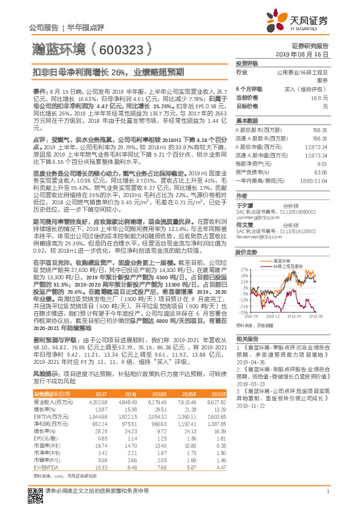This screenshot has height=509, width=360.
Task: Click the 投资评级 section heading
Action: (247, 63)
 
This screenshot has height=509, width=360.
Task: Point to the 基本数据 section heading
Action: (247, 120)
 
